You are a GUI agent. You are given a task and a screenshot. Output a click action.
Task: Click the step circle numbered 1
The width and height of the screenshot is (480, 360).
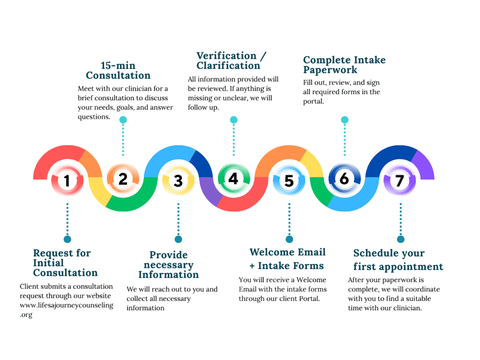pos(67,180)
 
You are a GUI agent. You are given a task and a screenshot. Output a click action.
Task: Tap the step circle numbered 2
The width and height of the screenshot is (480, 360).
pos(123,179)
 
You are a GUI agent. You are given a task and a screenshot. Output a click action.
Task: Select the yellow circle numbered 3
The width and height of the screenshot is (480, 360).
pos(178,180)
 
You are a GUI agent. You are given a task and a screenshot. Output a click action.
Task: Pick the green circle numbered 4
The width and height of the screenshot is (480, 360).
pos(233,179)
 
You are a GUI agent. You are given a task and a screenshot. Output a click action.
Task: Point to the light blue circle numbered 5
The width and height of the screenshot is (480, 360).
pos(289,180)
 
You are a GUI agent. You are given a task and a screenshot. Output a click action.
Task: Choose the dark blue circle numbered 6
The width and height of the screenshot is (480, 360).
pos(344,179)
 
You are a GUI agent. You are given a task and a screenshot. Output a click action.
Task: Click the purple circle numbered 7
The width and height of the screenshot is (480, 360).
pos(399,180)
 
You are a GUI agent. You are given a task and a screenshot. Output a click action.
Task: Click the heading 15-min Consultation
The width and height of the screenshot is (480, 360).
pos(118,70)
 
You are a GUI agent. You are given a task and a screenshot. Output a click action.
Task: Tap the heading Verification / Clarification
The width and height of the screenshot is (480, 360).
pos(231,60)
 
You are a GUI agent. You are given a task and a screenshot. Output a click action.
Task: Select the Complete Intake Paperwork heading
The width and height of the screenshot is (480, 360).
pos(344,65)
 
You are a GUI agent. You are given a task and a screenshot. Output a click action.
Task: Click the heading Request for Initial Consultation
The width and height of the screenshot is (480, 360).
pos(65,263)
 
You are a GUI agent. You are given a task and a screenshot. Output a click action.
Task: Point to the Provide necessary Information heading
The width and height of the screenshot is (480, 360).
pos(168,265)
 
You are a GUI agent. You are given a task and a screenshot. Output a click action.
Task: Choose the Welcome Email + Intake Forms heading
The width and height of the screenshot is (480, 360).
pos(287,259)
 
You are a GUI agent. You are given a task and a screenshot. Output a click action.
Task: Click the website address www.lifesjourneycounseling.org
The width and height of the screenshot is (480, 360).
pos(67,309)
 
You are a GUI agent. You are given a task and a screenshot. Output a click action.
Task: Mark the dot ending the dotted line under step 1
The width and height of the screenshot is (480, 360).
pos(67,239)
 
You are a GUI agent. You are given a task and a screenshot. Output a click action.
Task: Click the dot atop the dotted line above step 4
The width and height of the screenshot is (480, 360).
pos(233,120)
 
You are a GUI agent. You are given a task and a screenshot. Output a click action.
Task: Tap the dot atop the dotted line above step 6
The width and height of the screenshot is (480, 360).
pos(345,120)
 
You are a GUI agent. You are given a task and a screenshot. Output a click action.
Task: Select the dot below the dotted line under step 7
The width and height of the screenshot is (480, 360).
pos(400,239)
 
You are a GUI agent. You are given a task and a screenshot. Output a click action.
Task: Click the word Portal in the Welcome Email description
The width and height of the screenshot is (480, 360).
pos(307,298)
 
